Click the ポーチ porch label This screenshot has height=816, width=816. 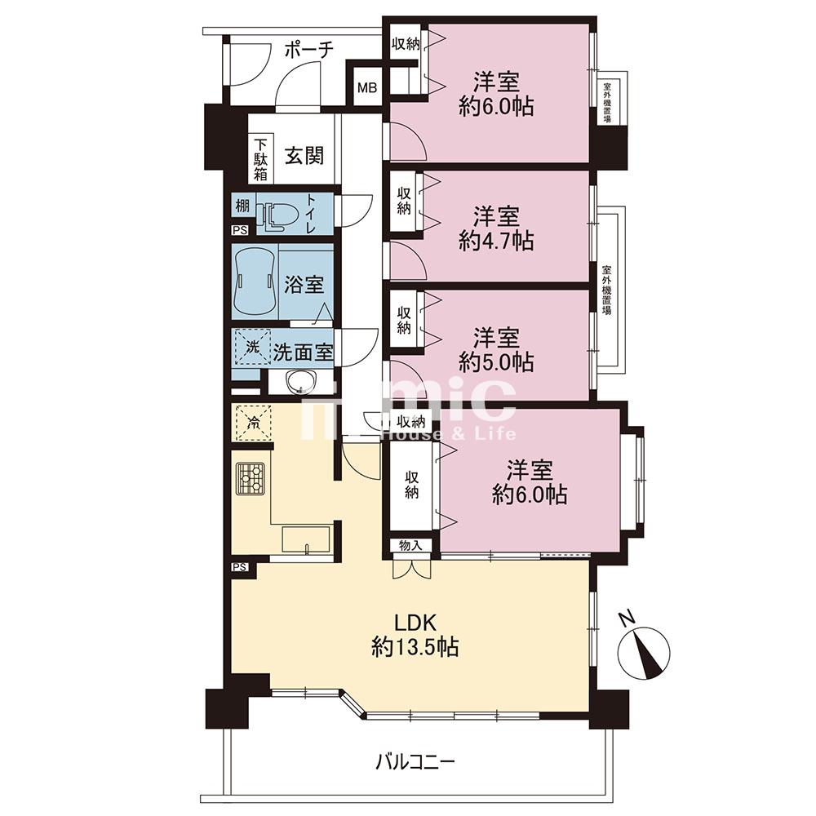point(308,50)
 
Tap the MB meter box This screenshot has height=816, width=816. point(367,87)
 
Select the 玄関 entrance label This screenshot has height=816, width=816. point(304,155)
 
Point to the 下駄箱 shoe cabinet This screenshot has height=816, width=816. point(261,159)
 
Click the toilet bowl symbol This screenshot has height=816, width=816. point(280,215)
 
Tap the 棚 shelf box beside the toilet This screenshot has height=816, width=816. point(242,206)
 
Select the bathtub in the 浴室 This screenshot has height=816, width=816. point(254,282)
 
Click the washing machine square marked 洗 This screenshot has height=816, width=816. point(252,347)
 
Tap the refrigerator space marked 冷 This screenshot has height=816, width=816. point(254,422)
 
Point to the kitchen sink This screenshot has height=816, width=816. point(306,540)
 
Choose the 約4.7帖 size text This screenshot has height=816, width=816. point(496,241)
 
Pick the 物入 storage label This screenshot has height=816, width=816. point(410,545)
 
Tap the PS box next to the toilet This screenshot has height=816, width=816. point(240,230)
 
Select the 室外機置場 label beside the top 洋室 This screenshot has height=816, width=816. point(607,103)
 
